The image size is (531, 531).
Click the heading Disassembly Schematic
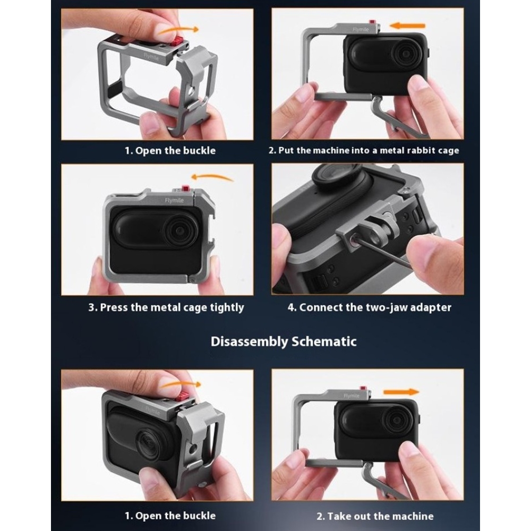pos(284,341)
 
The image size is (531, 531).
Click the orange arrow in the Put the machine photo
pos(407,25)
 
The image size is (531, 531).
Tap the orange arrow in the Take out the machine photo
pos(401,392)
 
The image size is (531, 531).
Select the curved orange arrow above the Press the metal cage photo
pos(212,177)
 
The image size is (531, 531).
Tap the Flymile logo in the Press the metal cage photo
pos(174,201)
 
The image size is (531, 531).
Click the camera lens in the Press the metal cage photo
pos(179,230)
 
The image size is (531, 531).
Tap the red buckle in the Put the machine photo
pos(373,23)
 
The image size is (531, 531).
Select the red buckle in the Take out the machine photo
pos(364,388)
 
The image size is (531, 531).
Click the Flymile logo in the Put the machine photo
pos(361,29)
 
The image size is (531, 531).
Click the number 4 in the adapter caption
pos(290,307)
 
